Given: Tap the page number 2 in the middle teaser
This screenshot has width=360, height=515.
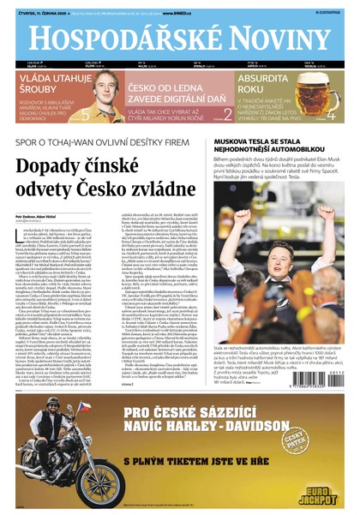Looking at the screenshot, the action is [228, 112].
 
